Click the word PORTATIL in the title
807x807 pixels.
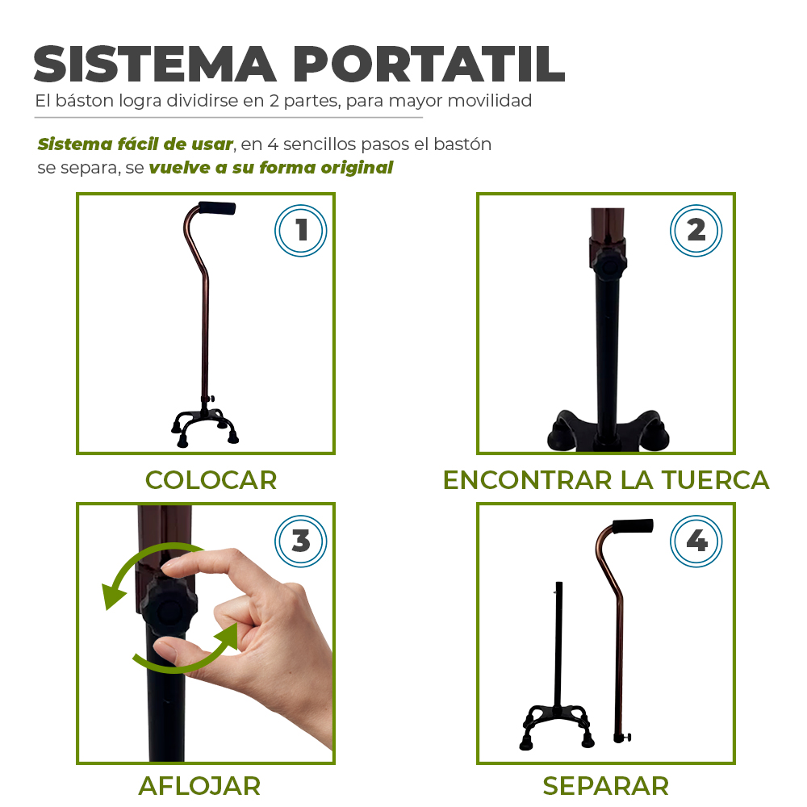point(429,65)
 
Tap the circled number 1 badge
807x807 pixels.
point(300,230)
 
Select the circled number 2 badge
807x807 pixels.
point(696,230)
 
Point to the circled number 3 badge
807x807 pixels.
point(300,541)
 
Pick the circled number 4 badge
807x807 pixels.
point(696,541)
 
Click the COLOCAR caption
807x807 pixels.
point(211,480)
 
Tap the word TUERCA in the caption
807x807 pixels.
point(715,480)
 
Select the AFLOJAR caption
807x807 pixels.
point(199,786)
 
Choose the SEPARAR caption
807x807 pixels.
point(606,786)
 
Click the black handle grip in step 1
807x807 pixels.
point(216,208)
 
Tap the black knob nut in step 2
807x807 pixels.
point(608,265)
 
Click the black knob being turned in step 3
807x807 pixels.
point(169,608)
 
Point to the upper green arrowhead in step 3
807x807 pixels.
point(113,597)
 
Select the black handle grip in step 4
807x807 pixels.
point(633,526)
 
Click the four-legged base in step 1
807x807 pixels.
point(205,425)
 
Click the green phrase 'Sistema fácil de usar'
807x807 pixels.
point(136,144)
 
